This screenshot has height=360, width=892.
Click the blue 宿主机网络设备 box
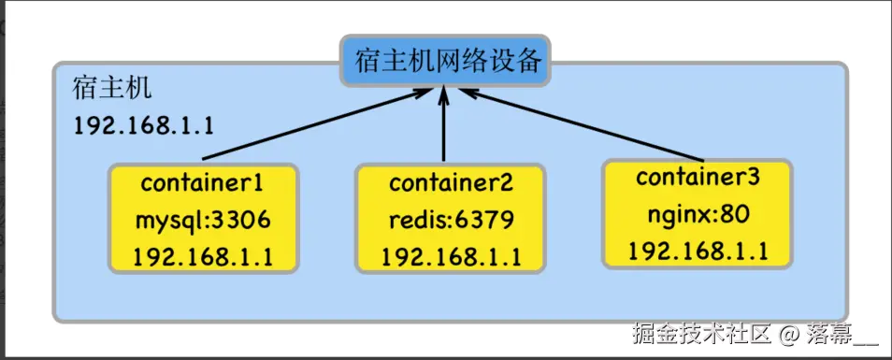[444, 60]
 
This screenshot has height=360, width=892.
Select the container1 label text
[202, 181]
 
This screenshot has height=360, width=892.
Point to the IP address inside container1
[202, 256]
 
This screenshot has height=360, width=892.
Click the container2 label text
[450, 181]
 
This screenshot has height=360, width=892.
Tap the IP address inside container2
[450, 256]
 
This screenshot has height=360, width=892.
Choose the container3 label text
[698, 177]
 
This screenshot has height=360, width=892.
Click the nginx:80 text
[698, 214]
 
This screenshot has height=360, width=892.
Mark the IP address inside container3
[698, 250]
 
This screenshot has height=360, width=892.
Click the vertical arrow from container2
[444, 126]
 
